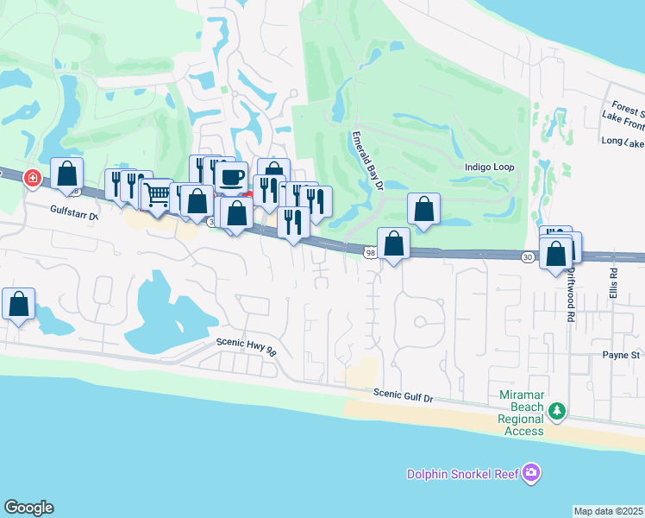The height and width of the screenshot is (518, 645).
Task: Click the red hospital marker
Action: [x=33, y=178]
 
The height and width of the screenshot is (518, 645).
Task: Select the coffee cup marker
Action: [x=231, y=177]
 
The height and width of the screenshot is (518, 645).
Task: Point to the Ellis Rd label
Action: [x=613, y=282]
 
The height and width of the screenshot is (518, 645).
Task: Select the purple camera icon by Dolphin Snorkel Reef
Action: [x=532, y=472]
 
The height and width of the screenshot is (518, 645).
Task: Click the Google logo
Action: [x=28, y=508]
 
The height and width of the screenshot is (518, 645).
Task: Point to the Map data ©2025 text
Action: [x=608, y=511]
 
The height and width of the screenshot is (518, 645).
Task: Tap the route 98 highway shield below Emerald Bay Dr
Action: [x=370, y=252]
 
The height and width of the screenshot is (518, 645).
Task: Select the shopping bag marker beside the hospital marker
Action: [x=66, y=174]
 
